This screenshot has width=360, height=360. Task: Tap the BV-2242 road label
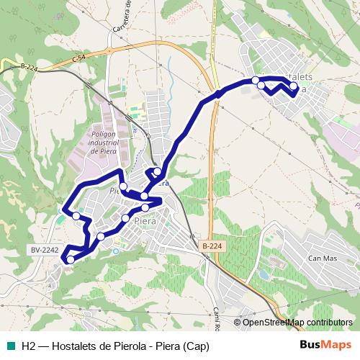pyautogui.click(x=44, y=249)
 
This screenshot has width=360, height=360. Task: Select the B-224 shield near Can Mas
pyautogui.click(x=212, y=246)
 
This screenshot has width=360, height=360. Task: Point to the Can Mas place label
pyautogui.click(x=322, y=258)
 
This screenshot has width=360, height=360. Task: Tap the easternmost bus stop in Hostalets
pyautogui.click(x=293, y=86)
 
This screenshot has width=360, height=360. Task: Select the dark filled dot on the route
pyautogui.click(x=217, y=94)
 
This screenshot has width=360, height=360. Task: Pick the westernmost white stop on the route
pyautogui.click(x=76, y=215)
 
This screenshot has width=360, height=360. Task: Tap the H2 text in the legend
pyautogui.click(x=30, y=345)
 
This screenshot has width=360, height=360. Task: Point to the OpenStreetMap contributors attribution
pyautogui.click(x=297, y=323)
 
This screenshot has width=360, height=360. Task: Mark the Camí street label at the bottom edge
pyautogui.click(x=215, y=313)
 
